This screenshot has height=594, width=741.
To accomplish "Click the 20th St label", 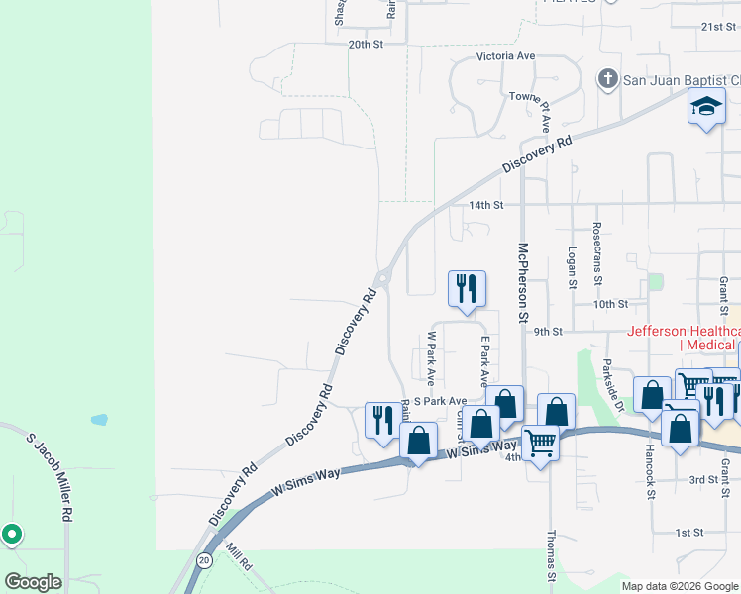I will (366, 45).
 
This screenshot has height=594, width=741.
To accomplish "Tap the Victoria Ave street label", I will (505, 56).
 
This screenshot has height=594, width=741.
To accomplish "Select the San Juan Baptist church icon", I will (607, 77).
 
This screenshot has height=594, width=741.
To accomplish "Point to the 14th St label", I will (486, 205).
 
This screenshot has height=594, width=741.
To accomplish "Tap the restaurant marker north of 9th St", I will (467, 289).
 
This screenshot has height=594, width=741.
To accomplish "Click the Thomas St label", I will (552, 555).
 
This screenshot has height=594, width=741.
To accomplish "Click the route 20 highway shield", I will (203, 559).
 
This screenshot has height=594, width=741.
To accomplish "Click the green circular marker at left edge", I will (12, 535).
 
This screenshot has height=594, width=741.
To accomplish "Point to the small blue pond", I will (99, 419).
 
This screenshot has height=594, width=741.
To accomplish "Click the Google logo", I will (33, 581).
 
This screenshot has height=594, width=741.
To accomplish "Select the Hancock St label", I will (650, 458).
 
